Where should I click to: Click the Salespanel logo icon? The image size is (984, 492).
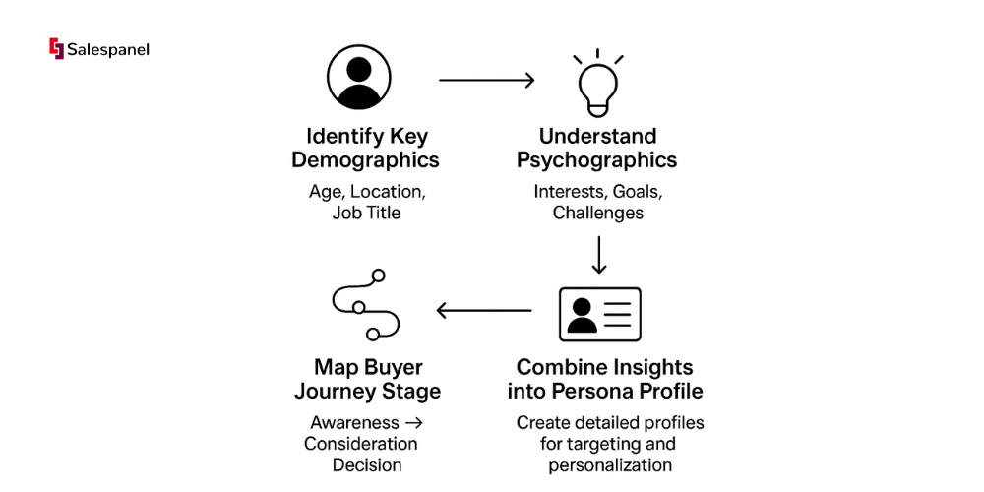tap(56, 48)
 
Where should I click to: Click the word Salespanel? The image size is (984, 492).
tap(108, 49)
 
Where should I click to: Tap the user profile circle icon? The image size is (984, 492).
tap(358, 76)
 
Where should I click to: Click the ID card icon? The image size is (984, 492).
tap(599, 314)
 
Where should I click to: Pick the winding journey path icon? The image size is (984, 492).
tap(365, 310)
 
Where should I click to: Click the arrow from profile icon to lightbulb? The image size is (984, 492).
tap(486, 80)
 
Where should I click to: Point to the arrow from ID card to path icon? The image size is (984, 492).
tap(483, 311)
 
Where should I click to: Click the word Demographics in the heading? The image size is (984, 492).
tap(365, 160)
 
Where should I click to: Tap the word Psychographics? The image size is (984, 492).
tap(597, 160)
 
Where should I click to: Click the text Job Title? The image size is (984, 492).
tap(366, 213)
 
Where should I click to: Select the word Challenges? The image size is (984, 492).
tap(597, 213)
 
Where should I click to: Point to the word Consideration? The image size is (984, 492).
tap(360, 444)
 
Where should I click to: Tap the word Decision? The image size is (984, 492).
tap(366, 465)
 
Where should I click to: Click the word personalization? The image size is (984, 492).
tap(610, 464)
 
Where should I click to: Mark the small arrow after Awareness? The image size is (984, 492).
tap(413, 423)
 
